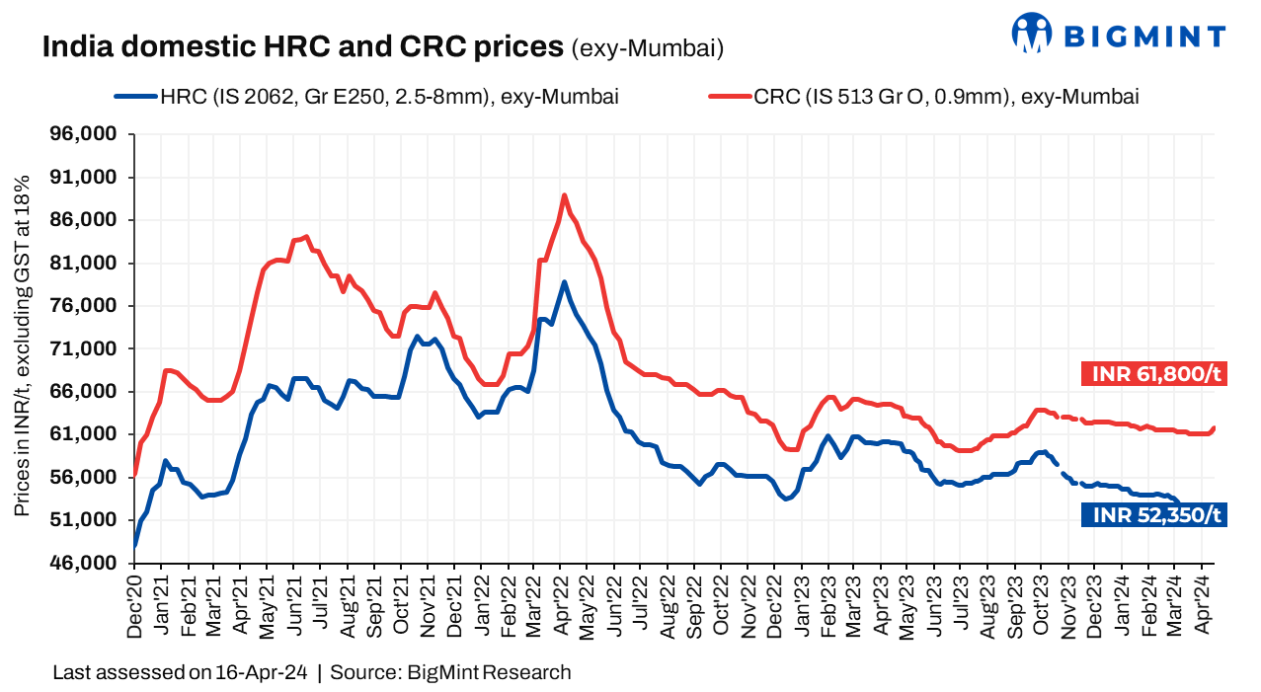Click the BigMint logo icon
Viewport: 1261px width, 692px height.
click(x=1032, y=33)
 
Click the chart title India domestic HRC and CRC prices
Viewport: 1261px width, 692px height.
click(x=303, y=46)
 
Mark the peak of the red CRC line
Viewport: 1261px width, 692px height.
click(x=564, y=195)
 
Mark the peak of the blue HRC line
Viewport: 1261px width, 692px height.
click(x=564, y=282)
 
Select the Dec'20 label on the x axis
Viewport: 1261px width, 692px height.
click(x=135, y=600)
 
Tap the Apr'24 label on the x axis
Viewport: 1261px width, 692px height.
click(x=1202, y=600)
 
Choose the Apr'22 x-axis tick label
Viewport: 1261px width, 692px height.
click(x=562, y=600)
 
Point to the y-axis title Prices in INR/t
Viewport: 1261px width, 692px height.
click(x=22, y=346)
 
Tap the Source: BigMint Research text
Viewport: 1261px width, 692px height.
click(x=450, y=673)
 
